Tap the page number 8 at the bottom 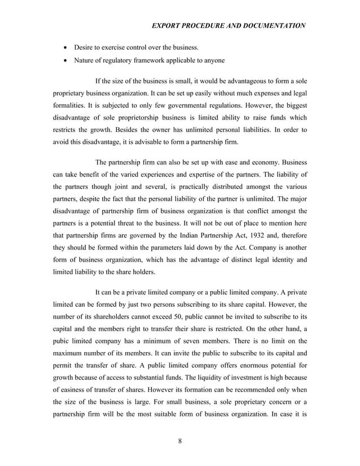179,441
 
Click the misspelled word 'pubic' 62,341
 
